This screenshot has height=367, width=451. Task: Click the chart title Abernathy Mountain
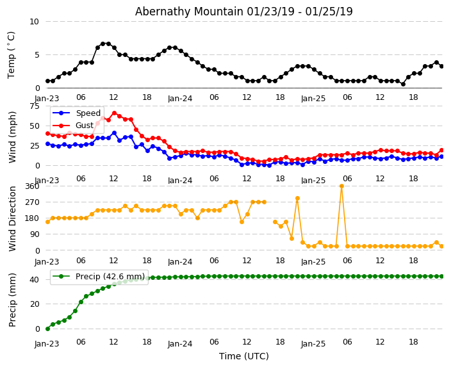click(x=243, y=12)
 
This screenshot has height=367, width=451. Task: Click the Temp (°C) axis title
click(x=12, y=54)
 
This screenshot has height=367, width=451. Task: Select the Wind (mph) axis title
click(x=13, y=136)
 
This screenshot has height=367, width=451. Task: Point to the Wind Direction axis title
click(x=13, y=218)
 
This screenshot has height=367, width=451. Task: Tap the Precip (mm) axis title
click(x=13, y=300)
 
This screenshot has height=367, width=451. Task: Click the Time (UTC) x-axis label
click(x=243, y=356)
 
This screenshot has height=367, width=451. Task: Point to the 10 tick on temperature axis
click(x=34, y=22)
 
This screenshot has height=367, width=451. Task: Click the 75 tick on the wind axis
click(x=34, y=106)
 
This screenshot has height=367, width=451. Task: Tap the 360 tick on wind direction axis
click(x=31, y=186)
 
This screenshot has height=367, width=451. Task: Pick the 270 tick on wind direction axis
click(x=31, y=202)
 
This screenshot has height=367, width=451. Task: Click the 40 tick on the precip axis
click(x=34, y=280)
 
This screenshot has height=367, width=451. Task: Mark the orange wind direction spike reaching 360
click(x=341, y=186)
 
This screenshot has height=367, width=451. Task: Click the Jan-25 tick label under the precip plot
click(x=313, y=344)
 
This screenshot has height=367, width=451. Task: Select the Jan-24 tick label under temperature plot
click(x=180, y=99)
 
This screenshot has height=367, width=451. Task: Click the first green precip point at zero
click(x=47, y=329)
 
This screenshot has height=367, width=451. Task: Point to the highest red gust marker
click(x=114, y=113)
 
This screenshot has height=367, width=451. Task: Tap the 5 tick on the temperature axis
click(x=37, y=55)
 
